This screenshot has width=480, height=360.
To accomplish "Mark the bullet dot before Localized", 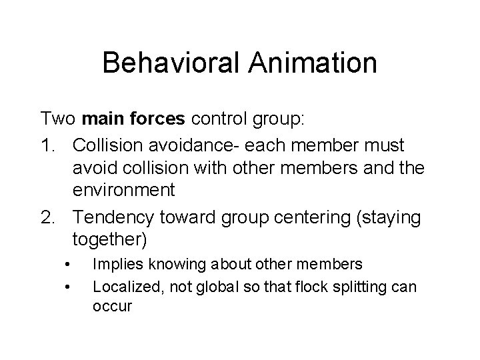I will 69,287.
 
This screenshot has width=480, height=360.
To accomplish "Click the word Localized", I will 123,287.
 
